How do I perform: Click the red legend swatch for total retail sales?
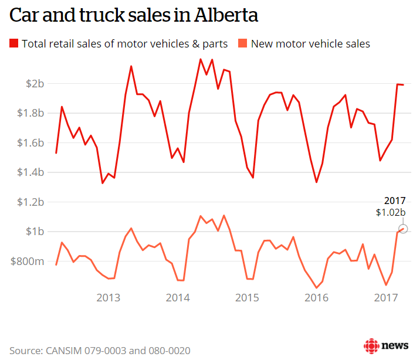(13, 43)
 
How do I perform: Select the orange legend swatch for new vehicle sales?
(242, 43)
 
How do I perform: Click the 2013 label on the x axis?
(109, 298)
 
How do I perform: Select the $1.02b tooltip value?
(391, 213)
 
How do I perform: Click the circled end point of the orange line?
(402, 229)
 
